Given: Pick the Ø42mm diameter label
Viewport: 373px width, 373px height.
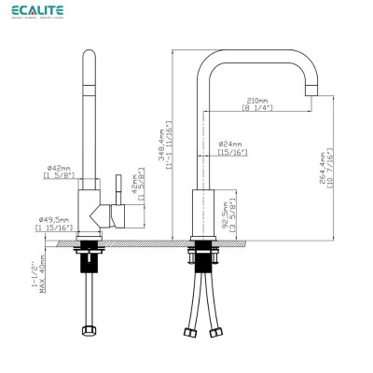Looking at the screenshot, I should pyautogui.click(x=53, y=167).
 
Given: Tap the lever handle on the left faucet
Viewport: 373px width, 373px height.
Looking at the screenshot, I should pyautogui.click(x=117, y=186).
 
